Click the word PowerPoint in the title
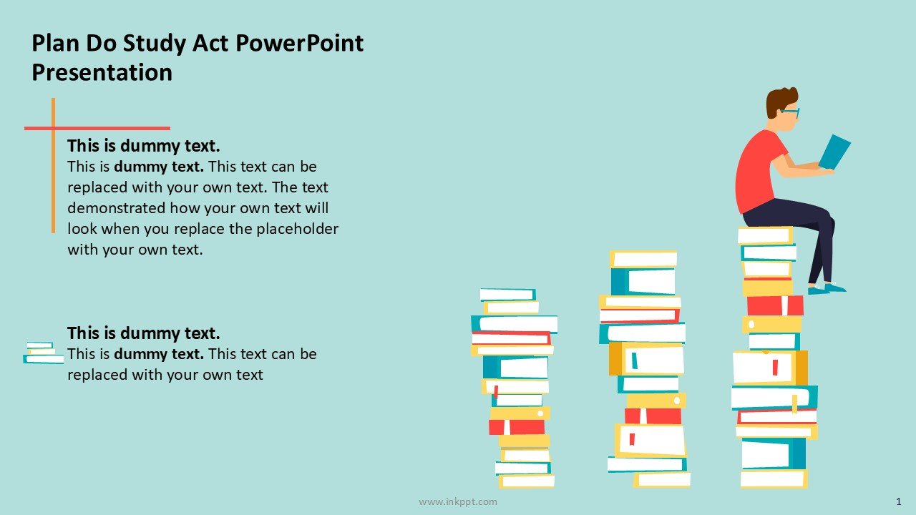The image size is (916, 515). (x=299, y=44)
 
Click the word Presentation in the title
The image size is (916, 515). (x=102, y=72)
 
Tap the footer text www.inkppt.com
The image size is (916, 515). (x=457, y=501)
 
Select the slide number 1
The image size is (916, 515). (x=898, y=501)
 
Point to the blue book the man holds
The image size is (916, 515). (x=834, y=152)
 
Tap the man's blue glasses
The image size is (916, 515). (x=790, y=112)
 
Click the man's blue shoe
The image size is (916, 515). (x=827, y=289)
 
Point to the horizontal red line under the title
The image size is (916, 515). (x=97, y=128)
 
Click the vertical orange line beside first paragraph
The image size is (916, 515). (x=53, y=165)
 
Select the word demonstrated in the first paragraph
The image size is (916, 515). (x=116, y=208)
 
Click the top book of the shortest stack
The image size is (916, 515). (x=507, y=294)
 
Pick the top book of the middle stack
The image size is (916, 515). (x=643, y=259)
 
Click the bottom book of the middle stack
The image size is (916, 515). (x=662, y=479)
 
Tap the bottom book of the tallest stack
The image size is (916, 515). (x=774, y=479)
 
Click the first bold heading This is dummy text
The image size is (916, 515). (x=144, y=146)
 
